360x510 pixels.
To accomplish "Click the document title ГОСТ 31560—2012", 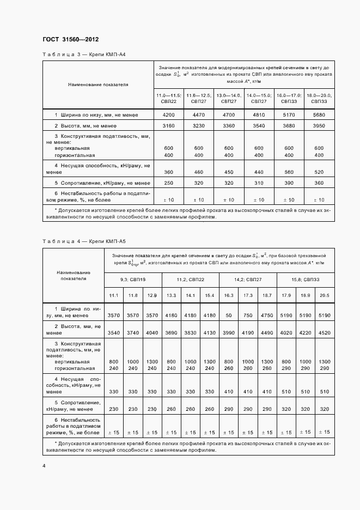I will (x=70, y=40).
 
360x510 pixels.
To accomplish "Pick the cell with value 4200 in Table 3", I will (x=169, y=116).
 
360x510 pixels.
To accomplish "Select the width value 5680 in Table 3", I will (x=319, y=116).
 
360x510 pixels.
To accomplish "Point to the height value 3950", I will (x=319, y=126).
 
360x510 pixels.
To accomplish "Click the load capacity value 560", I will (x=289, y=172).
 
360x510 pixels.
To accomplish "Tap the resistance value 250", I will (x=169, y=183).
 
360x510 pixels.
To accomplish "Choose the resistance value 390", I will (x=289, y=183).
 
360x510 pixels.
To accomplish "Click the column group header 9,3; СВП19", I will (x=132, y=280).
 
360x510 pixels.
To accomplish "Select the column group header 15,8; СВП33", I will (x=306, y=280).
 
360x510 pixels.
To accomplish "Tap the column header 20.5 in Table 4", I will (x=325, y=295).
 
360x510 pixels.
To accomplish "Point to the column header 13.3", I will (x=171, y=295).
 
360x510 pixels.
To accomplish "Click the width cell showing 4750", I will (x=267, y=315).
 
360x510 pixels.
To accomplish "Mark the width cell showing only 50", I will (x=228, y=315).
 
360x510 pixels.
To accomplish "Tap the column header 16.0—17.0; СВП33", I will (x=289, y=98).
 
